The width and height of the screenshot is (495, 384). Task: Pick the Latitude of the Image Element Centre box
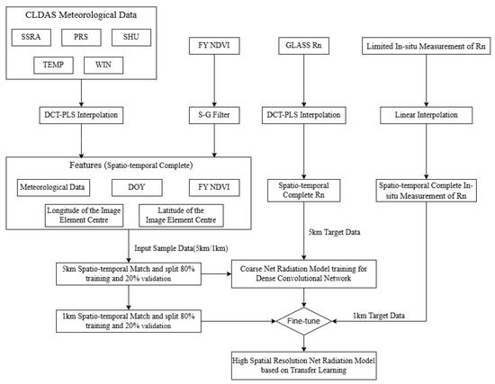pos(181,217)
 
